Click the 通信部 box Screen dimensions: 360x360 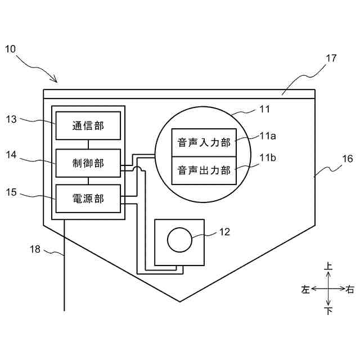88,125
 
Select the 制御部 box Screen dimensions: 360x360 88,163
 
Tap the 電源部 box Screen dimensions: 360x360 88,199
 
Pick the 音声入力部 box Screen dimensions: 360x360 204,142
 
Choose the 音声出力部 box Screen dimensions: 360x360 204,170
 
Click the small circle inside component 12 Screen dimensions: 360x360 180,240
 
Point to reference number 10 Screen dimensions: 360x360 11,49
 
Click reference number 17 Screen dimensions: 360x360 331,58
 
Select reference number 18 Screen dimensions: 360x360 35,249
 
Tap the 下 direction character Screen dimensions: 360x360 328,311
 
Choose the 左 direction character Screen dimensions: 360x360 305,289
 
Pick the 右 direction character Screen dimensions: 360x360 350,289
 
